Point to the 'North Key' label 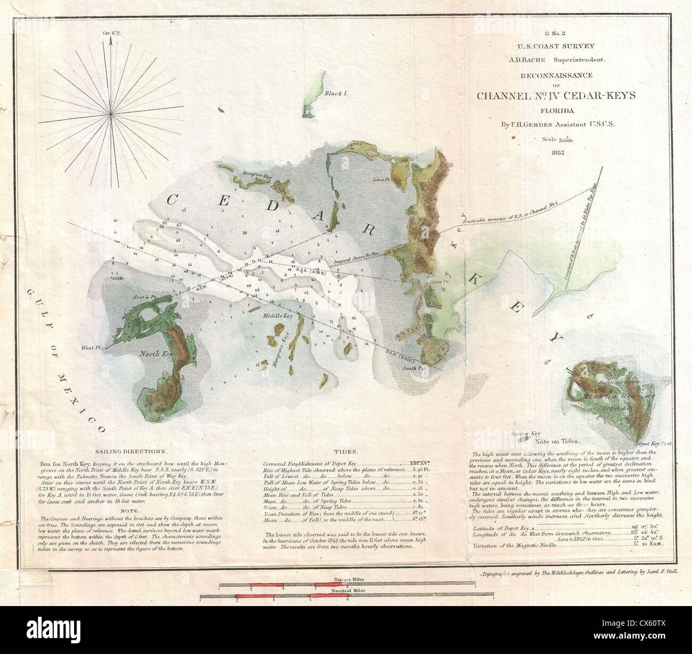(x=155, y=354)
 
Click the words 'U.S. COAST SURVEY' (x=550, y=46)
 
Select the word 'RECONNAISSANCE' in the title (x=550, y=75)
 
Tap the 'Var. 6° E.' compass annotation (x=110, y=34)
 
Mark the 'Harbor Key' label (x=526, y=434)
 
